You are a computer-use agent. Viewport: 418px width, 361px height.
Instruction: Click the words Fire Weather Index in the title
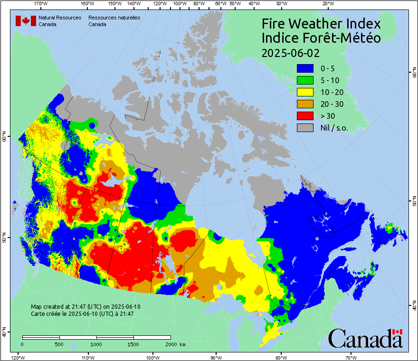pyautogui.click(x=321, y=24)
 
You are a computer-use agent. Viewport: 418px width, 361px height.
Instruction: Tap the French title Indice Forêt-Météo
pyautogui.click(x=321, y=38)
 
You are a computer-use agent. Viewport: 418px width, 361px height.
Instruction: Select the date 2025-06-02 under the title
pyautogui.click(x=291, y=52)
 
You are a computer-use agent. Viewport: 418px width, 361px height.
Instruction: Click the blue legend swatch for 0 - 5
pyautogui.click(x=305, y=68)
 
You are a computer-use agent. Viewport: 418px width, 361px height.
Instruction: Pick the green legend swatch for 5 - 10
pyautogui.click(x=305, y=80)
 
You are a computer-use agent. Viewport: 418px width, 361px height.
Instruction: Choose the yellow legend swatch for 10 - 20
pyautogui.click(x=305, y=92)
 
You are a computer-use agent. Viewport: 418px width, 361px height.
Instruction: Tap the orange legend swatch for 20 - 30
pyautogui.click(x=305, y=104)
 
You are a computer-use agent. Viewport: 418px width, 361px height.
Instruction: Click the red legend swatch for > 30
pyautogui.click(x=305, y=116)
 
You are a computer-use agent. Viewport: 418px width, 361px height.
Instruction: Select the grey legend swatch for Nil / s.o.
pyautogui.click(x=305, y=128)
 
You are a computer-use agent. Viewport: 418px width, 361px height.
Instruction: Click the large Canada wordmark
pyautogui.click(x=365, y=339)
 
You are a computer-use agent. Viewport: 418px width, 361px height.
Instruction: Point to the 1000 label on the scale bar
pyautogui.click(x=96, y=344)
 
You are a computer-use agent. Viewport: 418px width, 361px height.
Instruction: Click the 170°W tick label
pyautogui.click(x=41, y=4)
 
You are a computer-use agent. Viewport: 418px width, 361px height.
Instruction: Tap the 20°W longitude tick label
pyautogui.click(x=327, y=4)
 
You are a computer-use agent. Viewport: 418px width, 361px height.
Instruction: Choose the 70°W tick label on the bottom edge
pyautogui.click(x=351, y=357)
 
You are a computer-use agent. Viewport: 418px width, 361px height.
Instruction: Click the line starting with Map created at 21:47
pyautogui.click(x=85, y=307)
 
